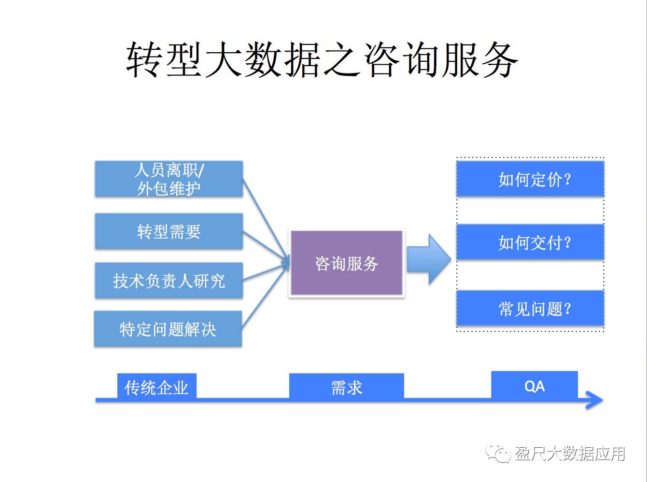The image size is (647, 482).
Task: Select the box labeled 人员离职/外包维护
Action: click(169, 179)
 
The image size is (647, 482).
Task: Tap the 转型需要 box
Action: click(169, 231)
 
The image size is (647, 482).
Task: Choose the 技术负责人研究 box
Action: click(169, 281)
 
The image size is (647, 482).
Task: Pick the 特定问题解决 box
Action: click(168, 329)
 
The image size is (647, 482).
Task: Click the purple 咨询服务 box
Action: click(347, 263)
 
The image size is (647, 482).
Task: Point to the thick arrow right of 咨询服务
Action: click(429, 259)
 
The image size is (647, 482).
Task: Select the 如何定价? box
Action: click(530, 179)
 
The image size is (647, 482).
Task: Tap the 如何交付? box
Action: click(530, 242)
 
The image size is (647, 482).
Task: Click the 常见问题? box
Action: click(530, 308)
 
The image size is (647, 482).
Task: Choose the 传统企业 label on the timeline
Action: click(156, 387)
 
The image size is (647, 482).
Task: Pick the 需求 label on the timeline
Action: click(347, 387)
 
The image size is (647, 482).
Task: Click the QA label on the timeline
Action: click(534, 386)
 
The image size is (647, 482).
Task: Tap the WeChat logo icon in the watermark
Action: click(498, 454)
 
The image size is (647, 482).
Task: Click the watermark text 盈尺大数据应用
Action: click(570, 454)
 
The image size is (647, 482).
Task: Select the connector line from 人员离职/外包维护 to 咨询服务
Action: click(266, 219)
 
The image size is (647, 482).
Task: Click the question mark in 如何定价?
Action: click(567, 180)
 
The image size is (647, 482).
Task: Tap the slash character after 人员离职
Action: click(200, 170)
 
